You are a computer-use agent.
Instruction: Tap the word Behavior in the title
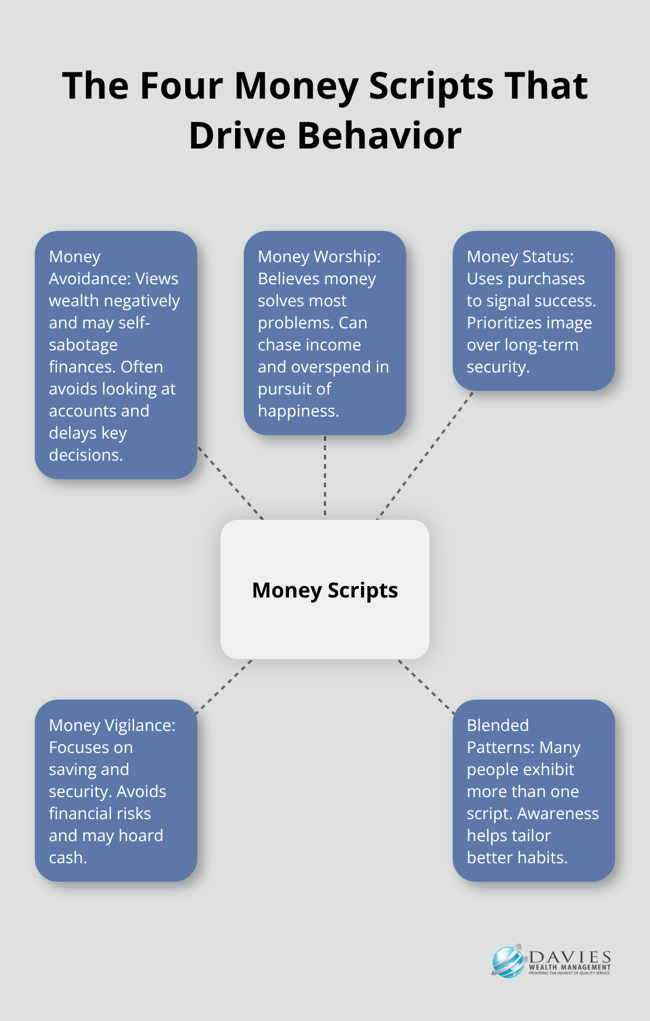380,136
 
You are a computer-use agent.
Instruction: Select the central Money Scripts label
325,590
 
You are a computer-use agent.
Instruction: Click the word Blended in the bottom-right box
498,725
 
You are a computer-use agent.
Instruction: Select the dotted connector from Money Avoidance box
230,483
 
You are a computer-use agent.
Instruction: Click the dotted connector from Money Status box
425,455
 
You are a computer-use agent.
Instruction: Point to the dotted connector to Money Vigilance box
224,686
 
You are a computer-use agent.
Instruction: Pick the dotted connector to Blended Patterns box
427,686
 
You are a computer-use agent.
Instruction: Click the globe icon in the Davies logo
508,961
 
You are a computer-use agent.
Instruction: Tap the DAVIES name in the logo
570,957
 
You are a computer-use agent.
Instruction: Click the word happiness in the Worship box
298,411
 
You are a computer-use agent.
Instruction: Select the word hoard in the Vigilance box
140,835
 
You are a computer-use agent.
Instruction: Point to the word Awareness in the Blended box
558,813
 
